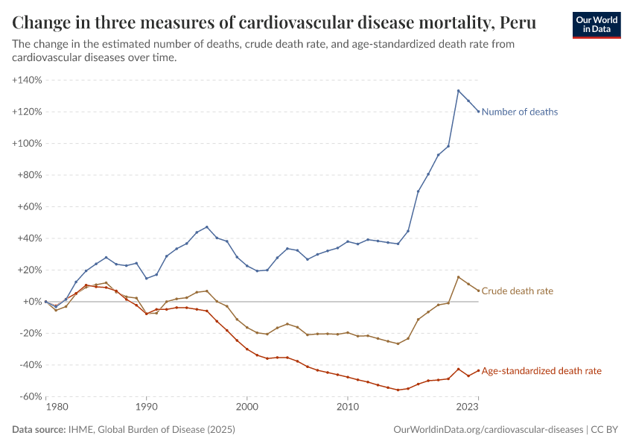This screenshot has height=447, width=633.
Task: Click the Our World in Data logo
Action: click(596, 24)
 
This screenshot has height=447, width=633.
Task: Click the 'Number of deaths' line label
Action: click(519, 112)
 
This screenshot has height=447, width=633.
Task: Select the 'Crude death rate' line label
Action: click(517, 291)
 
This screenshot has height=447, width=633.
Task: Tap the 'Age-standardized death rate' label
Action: click(541, 370)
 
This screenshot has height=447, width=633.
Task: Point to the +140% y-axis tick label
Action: click(27, 80)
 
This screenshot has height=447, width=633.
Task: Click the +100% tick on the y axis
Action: click(27, 143)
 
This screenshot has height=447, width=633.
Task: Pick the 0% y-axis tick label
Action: click(33, 302)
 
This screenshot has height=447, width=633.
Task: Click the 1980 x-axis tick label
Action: click(57, 408)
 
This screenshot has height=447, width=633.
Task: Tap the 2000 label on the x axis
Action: click(246, 408)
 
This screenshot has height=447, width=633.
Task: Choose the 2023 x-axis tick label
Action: click(467, 408)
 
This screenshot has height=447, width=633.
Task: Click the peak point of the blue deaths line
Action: click(458, 91)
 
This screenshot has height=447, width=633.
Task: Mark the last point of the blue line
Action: click(478, 112)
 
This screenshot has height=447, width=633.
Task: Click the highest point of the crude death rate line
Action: click(458, 277)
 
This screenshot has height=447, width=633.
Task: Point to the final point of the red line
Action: click(478, 370)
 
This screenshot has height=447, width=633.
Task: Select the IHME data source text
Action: click(153, 430)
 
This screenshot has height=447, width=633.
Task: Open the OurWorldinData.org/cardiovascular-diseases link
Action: click(488, 430)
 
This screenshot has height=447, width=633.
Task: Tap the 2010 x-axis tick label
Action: click(347, 408)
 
